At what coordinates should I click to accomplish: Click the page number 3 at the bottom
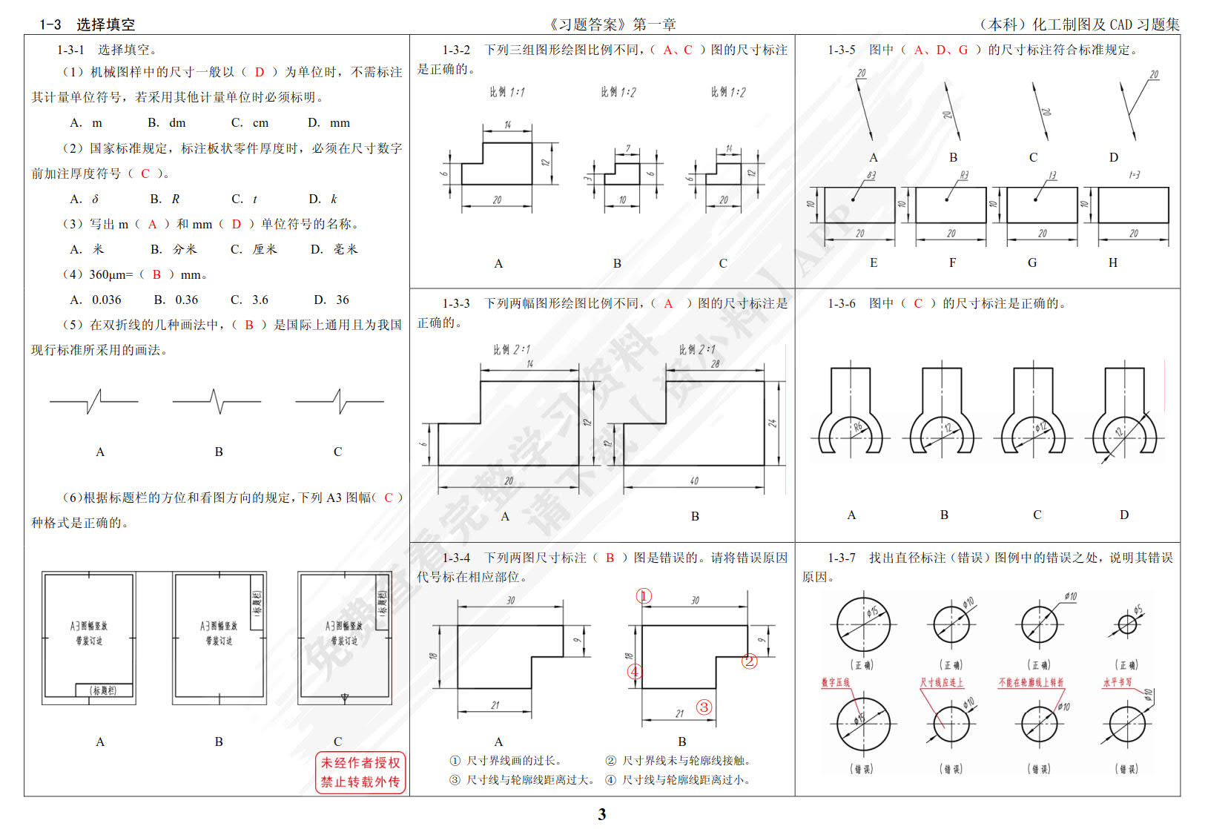click(602, 814)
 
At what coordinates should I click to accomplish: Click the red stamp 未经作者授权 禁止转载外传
click(360, 772)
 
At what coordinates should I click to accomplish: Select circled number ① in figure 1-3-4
click(644, 596)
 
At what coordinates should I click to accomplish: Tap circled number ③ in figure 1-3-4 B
click(704, 707)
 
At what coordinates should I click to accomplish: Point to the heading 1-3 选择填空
click(88, 24)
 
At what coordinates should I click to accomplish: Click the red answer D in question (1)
click(259, 72)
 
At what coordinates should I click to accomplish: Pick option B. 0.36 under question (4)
click(176, 300)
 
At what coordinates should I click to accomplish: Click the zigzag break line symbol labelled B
click(217, 401)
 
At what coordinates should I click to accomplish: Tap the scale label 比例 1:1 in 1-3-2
click(506, 92)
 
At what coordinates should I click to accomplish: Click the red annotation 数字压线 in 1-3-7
click(836, 682)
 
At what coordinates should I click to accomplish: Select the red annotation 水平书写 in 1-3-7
click(1117, 682)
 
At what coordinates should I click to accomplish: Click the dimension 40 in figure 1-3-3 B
click(694, 480)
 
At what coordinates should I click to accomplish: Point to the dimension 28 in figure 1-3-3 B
click(715, 364)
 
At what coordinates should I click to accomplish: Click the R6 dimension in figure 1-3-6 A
click(857, 427)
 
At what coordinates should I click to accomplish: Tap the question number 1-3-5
click(841, 50)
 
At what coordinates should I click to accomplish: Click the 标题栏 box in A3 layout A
click(103, 690)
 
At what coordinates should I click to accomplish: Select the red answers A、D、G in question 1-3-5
click(940, 50)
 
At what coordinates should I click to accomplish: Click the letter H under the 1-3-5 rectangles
click(1112, 262)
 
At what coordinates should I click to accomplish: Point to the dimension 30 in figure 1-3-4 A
click(510, 601)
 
